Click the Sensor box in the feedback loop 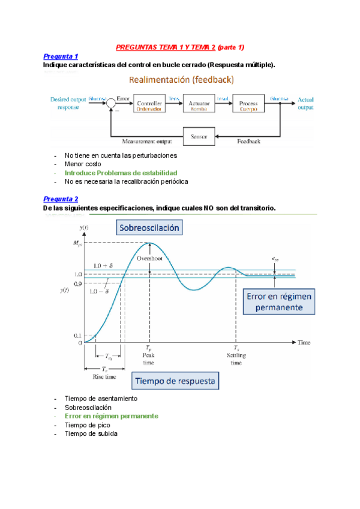(x=199, y=137)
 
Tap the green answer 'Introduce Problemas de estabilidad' (x=112, y=172)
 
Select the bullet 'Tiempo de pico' (x=88, y=424)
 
